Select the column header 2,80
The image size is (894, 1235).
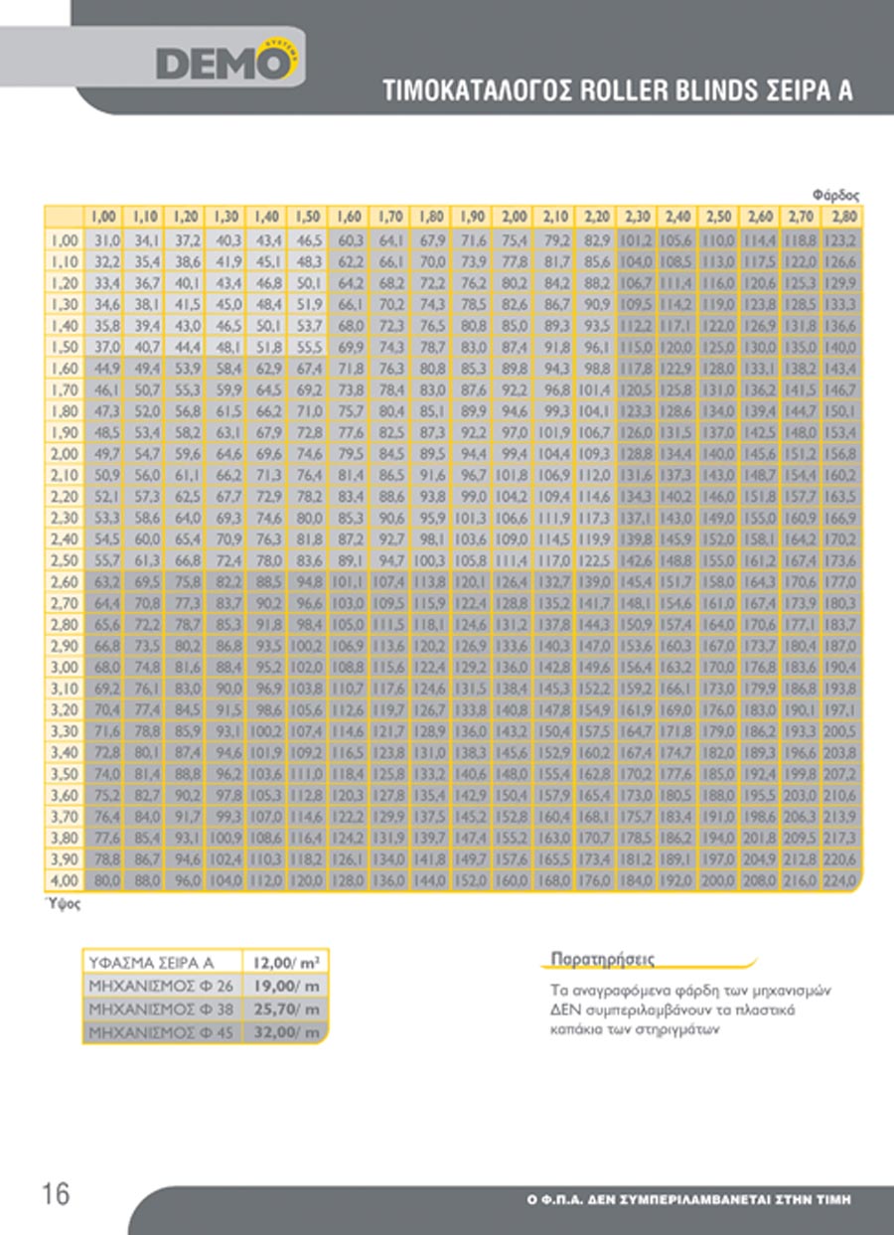(x=843, y=217)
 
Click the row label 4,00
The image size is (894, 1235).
(x=64, y=880)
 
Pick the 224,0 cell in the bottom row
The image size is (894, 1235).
(x=843, y=880)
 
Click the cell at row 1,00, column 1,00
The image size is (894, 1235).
(x=105, y=239)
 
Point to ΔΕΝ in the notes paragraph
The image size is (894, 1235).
(x=564, y=1009)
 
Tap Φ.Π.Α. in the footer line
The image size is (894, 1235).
(x=570, y=1200)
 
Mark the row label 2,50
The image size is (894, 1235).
(x=64, y=560)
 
